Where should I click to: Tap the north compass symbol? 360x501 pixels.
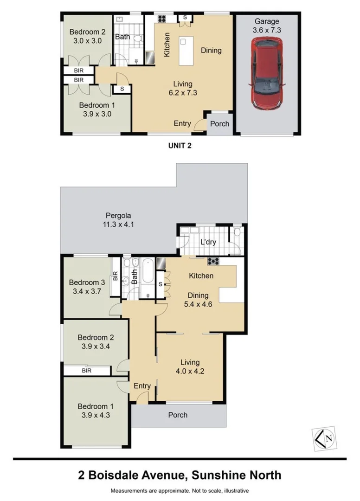324,437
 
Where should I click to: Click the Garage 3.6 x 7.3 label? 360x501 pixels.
267,26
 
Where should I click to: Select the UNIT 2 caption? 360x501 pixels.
180,145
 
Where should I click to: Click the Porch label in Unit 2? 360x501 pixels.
219,124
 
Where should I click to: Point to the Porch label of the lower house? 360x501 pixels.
178,415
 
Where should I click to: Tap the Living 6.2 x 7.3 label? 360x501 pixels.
183,88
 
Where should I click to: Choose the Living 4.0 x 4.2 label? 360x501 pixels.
190,366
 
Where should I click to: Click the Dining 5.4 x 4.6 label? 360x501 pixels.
198,300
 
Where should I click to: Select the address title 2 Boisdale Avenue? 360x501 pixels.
180,475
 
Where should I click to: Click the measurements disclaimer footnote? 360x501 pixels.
180,491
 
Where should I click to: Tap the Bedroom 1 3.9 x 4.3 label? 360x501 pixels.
95,411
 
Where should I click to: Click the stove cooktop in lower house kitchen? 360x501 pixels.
213,261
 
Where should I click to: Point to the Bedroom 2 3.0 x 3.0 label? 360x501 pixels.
88,36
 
